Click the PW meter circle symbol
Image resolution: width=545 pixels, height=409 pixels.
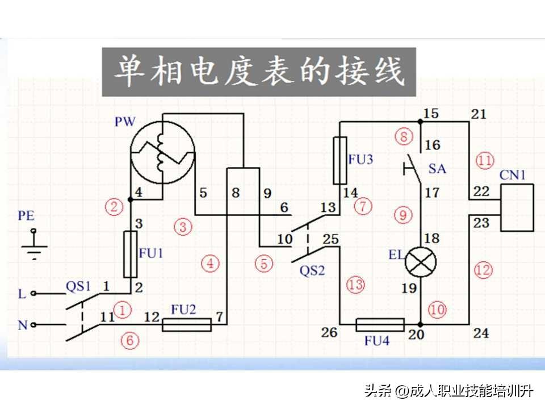coord(162,152)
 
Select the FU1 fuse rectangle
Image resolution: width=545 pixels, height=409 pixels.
coord(130,254)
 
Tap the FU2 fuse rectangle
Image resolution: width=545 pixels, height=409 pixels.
coord(187,324)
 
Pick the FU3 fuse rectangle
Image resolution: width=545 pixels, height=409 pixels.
coord(339,160)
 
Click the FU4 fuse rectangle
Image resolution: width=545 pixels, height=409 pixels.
coord(380,325)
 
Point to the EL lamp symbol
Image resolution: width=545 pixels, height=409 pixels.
coord(421,261)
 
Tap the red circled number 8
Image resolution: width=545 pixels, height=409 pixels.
coord(404,137)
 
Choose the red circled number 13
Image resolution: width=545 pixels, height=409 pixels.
coord(356,285)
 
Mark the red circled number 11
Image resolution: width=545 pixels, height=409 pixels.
coord(485,160)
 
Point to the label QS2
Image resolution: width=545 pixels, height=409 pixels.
coord(312,270)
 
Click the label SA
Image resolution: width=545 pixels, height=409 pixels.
coord(437,169)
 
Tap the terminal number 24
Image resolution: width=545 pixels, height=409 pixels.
coord(481,333)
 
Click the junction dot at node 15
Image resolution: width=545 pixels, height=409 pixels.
coord(421,121)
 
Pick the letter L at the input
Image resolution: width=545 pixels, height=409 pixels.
coord(22,294)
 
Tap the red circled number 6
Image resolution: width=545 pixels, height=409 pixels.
coord(130,340)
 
